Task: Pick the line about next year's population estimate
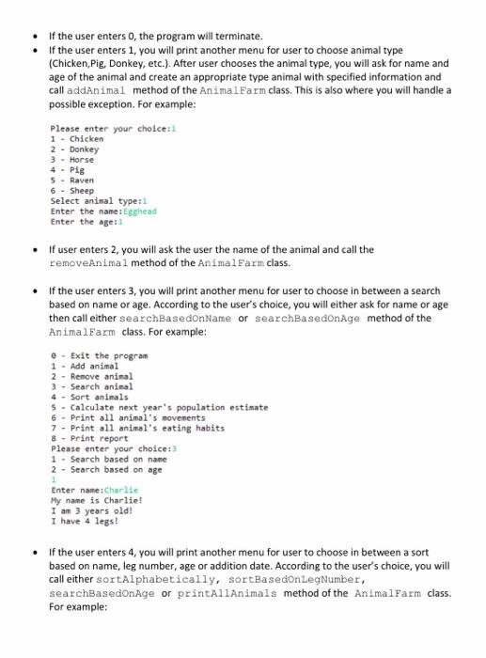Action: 159,407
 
